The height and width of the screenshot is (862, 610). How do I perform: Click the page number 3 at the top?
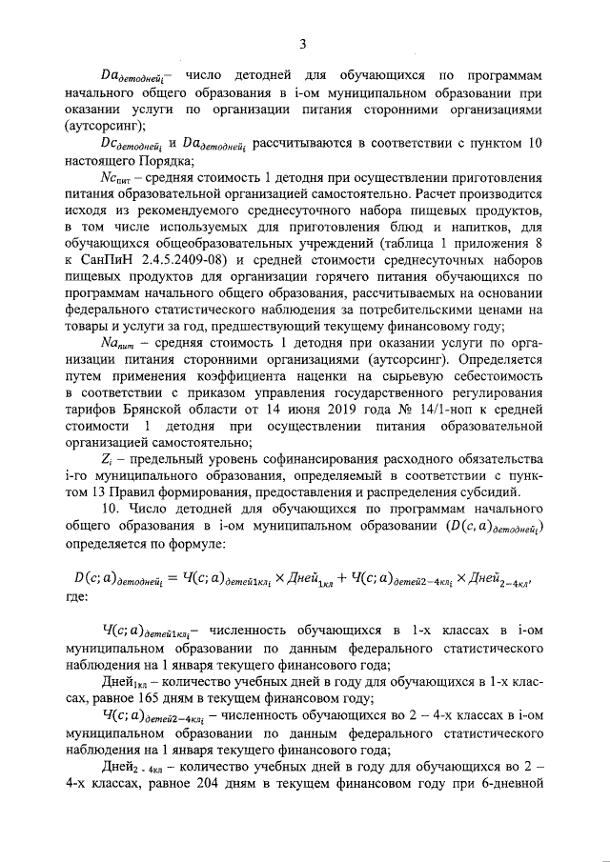[303, 44]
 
